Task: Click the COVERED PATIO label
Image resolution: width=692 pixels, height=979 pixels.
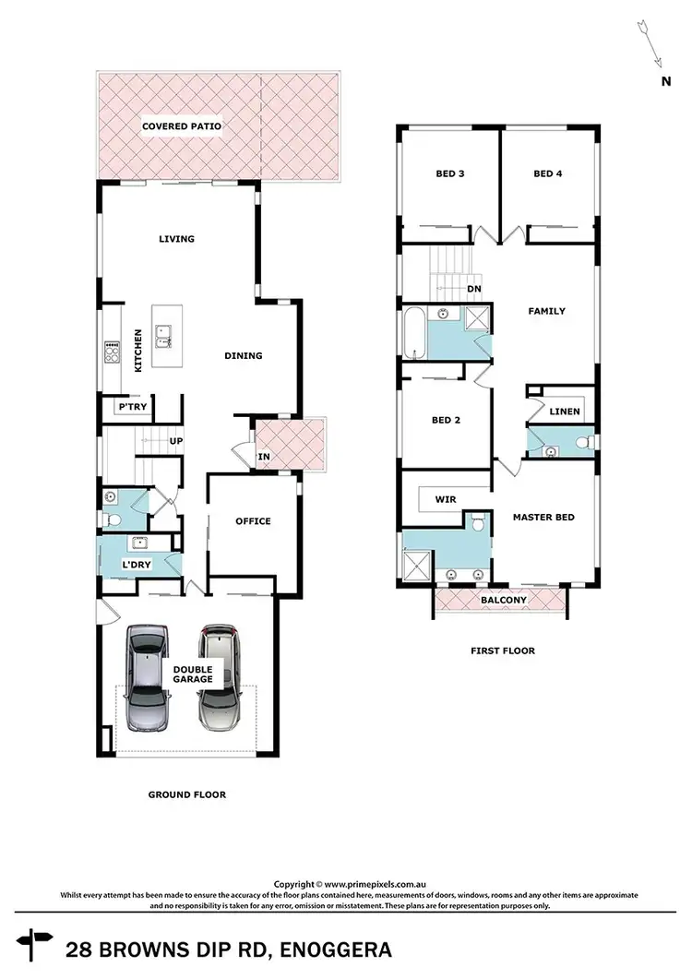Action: [181, 126]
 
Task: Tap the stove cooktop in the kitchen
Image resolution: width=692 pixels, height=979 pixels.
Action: [113, 352]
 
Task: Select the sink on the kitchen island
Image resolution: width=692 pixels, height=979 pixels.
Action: [162, 337]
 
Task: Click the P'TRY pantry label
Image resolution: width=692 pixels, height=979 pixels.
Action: [127, 407]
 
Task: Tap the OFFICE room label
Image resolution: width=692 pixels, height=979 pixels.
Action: [253, 521]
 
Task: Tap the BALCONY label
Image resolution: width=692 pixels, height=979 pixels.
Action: [503, 601]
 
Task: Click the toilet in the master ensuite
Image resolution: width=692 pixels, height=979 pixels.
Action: [477, 524]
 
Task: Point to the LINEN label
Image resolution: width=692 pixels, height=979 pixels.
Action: [564, 412]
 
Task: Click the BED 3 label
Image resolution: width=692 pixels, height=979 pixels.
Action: [449, 173]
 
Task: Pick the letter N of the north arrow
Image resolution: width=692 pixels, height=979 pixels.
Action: [664, 81]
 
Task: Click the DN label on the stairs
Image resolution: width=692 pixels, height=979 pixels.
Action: [475, 289]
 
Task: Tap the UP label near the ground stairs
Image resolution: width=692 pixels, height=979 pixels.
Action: [175, 441]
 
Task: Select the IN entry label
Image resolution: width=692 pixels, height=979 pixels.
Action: [264, 456]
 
